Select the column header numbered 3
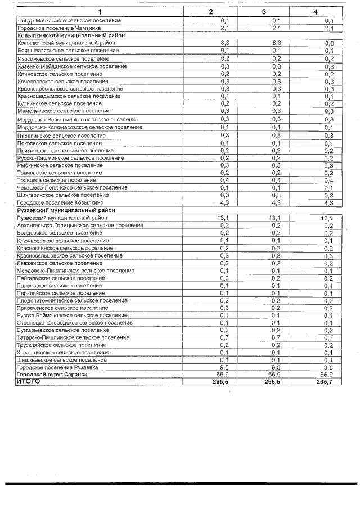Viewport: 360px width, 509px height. pyautogui.click(x=264, y=12)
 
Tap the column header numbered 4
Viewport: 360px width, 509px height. pyautogui.click(x=316, y=12)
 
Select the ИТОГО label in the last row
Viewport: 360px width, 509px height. pyautogui.click(x=29, y=381)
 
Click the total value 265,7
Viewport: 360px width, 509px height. pyautogui.click(x=325, y=382)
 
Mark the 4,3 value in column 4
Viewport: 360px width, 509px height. pyautogui.click(x=328, y=203)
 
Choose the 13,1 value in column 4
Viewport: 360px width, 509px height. pyautogui.click(x=327, y=218)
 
